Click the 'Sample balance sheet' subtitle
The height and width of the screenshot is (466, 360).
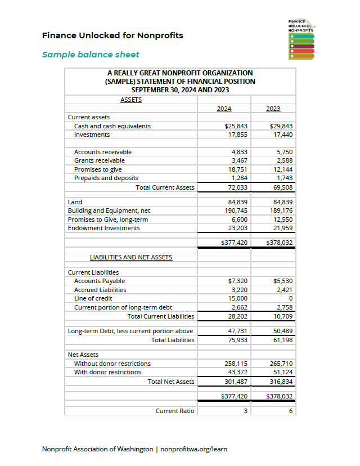tap(91, 55)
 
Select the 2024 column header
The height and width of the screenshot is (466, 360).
tap(224, 109)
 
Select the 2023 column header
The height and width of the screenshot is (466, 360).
tap(273, 109)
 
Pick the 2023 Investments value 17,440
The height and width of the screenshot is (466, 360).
tap(282, 135)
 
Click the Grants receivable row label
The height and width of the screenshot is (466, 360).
tap(100, 161)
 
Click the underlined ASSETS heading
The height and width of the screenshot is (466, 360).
tap(131, 100)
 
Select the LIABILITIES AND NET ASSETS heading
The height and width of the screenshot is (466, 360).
tap(131, 257)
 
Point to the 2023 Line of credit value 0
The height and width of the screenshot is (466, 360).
tap(290, 298)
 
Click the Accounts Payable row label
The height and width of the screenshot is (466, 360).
tap(100, 281)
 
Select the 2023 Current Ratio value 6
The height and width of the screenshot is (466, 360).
tap(291, 411)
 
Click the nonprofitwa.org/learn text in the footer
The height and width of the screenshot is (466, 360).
tap(194, 449)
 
